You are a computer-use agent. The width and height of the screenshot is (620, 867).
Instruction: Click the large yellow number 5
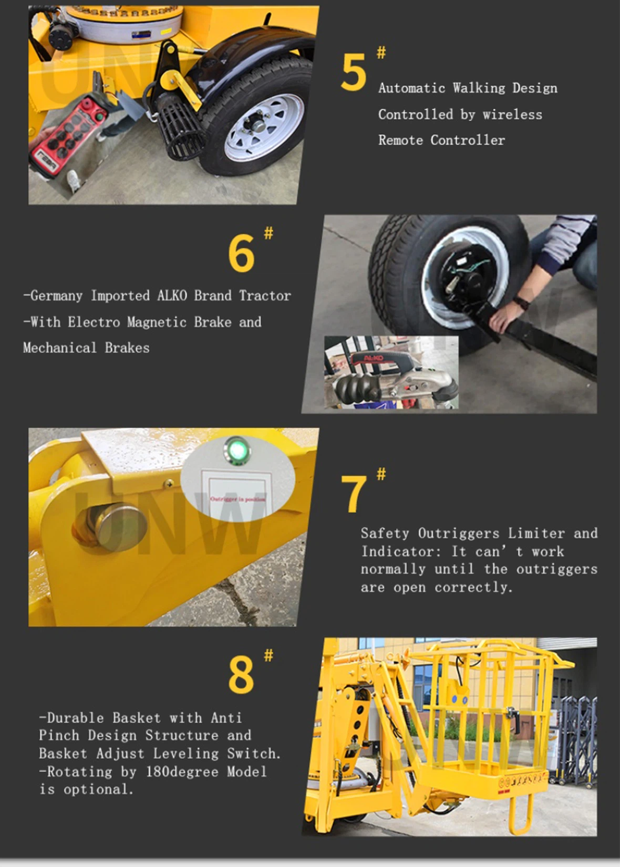tap(353, 73)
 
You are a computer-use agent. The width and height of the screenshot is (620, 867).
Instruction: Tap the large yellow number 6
tap(241, 253)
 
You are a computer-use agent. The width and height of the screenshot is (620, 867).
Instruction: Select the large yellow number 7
tap(354, 494)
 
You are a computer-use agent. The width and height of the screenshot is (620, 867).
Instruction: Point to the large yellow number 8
tap(241, 675)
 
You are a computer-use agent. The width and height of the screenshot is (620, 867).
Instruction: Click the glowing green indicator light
tap(237, 450)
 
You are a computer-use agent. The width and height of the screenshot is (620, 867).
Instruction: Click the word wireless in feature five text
tap(512, 114)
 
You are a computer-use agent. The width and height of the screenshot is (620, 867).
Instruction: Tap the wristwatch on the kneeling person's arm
tap(521, 303)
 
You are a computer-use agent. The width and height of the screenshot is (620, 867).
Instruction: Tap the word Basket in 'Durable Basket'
tap(136, 718)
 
